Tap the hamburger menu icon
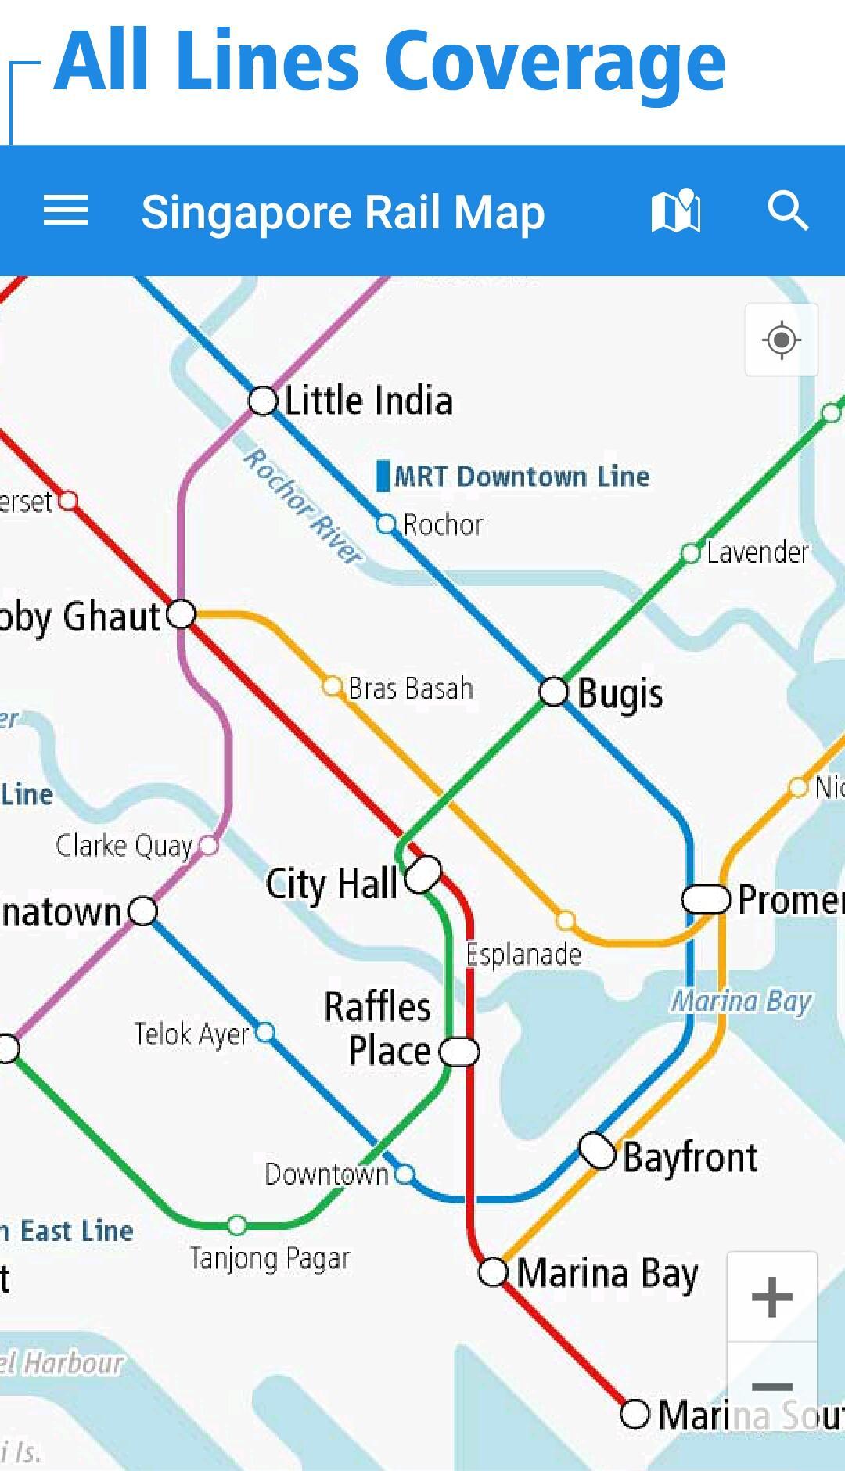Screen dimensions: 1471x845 pyautogui.click(x=66, y=211)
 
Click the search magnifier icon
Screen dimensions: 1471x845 pyautogui.click(x=787, y=211)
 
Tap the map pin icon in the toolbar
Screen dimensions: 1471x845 pyautogui.click(x=676, y=211)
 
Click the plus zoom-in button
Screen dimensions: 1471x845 pyautogui.click(x=772, y=1297)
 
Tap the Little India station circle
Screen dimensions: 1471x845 pyautogui.click(x=264, y=401)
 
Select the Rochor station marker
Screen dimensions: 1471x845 pyautogui.click(x=386, y=524)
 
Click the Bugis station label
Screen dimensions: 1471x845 pyautogui.click(x=620, y=694)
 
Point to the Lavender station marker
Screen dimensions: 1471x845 pyautogui.click(x=690, y=554)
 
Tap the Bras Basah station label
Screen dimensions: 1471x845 pyautogui.click(x=411, y=689)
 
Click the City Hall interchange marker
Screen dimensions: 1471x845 pyautogui.click(x=423, y=874)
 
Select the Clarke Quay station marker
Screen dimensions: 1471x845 pyautogui.click(x=208, y=845)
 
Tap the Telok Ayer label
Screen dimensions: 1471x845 pyautogui.click(x=191, y=1034)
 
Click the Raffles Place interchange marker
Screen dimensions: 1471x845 pyautogui.click(x=459, y=1052)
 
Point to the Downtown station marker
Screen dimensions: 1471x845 pyautogui.click(x=405, y=1174)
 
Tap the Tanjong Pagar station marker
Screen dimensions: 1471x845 pyautogui.click(x=237, y=1225)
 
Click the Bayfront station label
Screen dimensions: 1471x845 pyautogui.click(x=690, y=1157)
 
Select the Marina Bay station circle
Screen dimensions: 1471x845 pyautogui.click(x=493, y=1272)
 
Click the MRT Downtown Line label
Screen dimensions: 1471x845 pyautogui.click(x=521, y=477)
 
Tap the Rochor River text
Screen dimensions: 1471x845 pyautogui.click(x=304, y=505)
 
